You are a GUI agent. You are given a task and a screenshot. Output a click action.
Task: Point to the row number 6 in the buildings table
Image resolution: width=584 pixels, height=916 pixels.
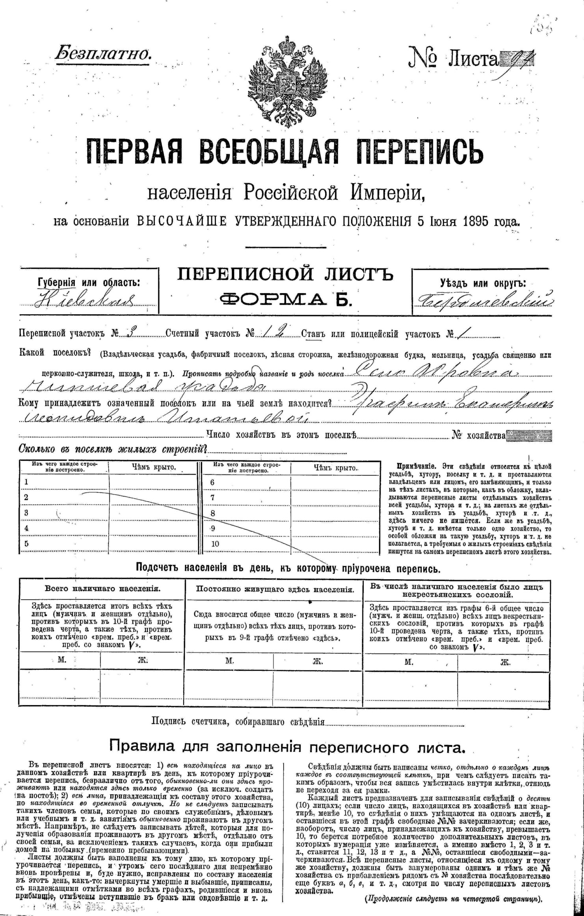212,482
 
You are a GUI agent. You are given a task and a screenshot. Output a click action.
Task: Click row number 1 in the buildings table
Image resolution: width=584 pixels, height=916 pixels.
26,482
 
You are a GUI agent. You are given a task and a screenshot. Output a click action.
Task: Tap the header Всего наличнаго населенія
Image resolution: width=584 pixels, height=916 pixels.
102,589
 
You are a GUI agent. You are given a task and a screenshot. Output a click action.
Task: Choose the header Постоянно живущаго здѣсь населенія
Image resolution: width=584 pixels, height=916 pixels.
275,590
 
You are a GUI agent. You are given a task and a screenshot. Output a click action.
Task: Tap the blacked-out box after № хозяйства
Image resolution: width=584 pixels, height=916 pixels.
528,436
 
